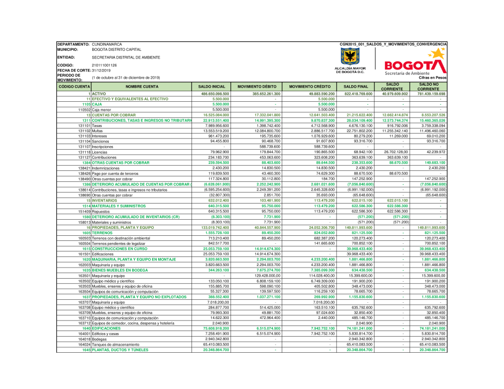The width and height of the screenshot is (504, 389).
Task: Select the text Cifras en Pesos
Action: pos(432,78)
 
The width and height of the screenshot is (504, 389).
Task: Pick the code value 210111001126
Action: pos(104,65)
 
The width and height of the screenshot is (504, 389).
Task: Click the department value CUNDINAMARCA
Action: pos(106,44)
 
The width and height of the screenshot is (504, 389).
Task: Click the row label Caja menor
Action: pos(102,109)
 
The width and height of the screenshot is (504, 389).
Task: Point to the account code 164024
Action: pos(84,345)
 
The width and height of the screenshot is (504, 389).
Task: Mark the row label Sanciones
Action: pos(101,142)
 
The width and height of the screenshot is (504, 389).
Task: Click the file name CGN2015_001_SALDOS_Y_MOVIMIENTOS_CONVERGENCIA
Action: pos(393,44)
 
